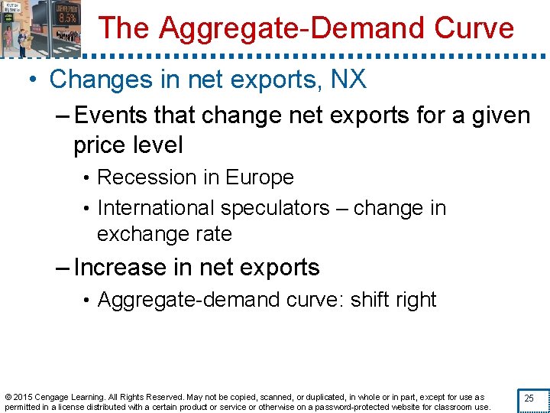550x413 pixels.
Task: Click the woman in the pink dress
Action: [x=9, y=37]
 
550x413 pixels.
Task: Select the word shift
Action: [x=368, y=300]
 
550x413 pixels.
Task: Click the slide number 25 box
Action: [x=528, y=398]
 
